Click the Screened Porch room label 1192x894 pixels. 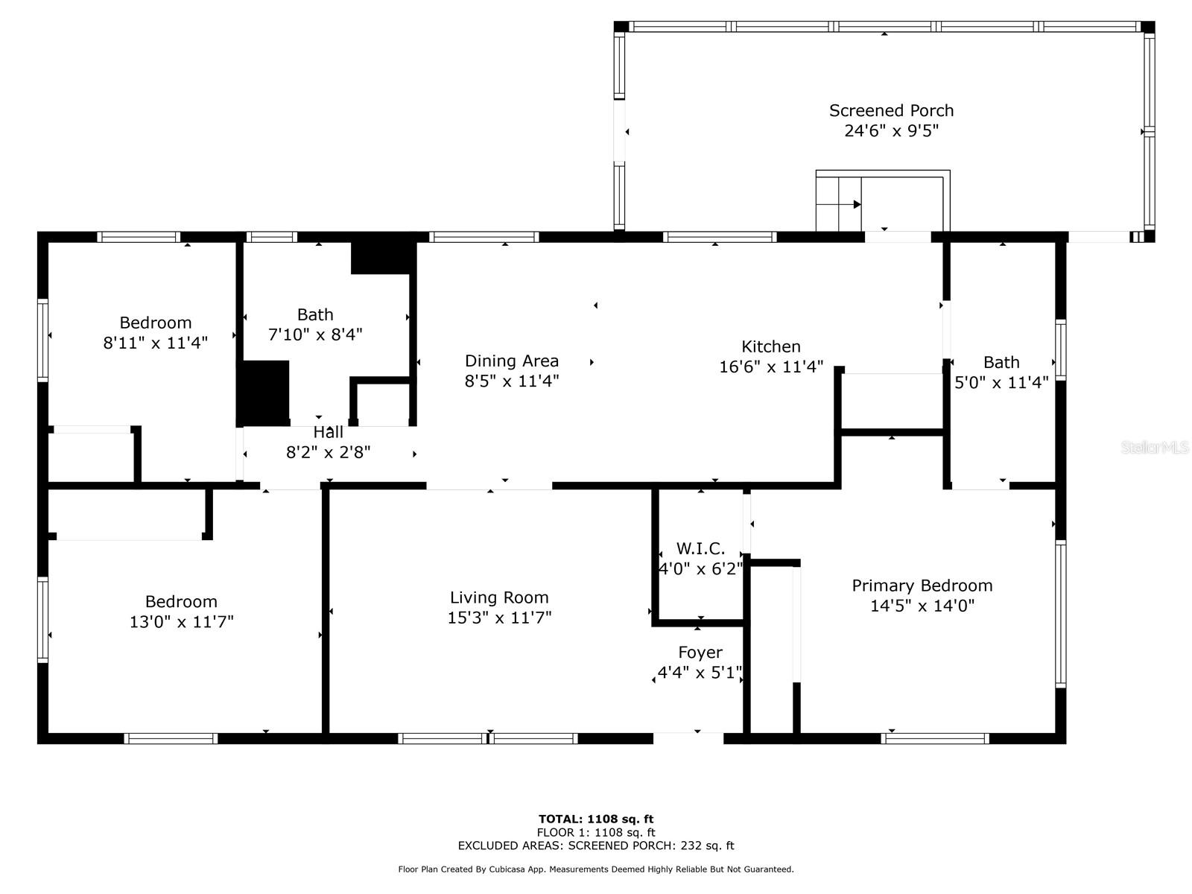tap(891, 110)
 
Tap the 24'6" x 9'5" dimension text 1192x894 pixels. tap(891, 131)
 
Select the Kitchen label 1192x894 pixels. tap(770, 346)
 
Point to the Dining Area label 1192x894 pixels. tap(512, 361)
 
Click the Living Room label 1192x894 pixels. tap(499, 597)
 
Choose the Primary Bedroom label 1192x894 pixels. tap(922, 586)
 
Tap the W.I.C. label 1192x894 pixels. tap(700, 548)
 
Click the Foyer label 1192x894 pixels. tap(700, 653)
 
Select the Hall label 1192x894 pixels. tap(328, 432)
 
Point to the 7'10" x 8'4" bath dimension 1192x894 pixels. tap(315, 335)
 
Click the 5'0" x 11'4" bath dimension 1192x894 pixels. tap(1001, 383)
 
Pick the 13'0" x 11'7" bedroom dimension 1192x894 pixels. tap(181, 621)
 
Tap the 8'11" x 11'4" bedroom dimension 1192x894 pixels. tap(155, 343)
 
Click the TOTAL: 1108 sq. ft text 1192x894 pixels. tap(596, 819)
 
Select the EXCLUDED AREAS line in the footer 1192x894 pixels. tap(596, 846)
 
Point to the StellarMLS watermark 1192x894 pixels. tap(1154, 447)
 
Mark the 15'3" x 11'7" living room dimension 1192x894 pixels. tap(499, 618)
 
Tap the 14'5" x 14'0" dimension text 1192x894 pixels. tap(922, 606)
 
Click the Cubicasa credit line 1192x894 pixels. tap(596, 869)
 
